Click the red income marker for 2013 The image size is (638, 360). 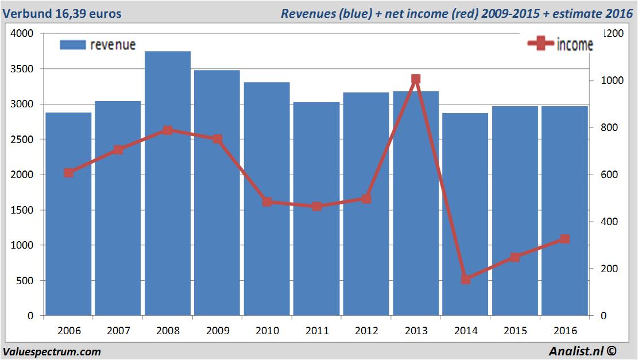coord(416,79)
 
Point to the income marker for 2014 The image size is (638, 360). coord(466,279)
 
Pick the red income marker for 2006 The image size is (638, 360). coord(69,173)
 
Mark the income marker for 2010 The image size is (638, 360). coord(267,202)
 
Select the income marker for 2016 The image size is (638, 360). coord(564,239)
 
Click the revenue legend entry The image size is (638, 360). coord(98,45)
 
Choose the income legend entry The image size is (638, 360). coord(560,45)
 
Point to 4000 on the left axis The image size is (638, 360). coord(22,34)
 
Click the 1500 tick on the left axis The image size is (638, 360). coord(22,210)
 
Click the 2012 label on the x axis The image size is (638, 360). coord(366,331)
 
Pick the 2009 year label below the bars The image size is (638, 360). coord(217,331)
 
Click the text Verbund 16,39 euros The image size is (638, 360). coord(62,13)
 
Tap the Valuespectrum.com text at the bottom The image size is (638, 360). coord(52,351)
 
